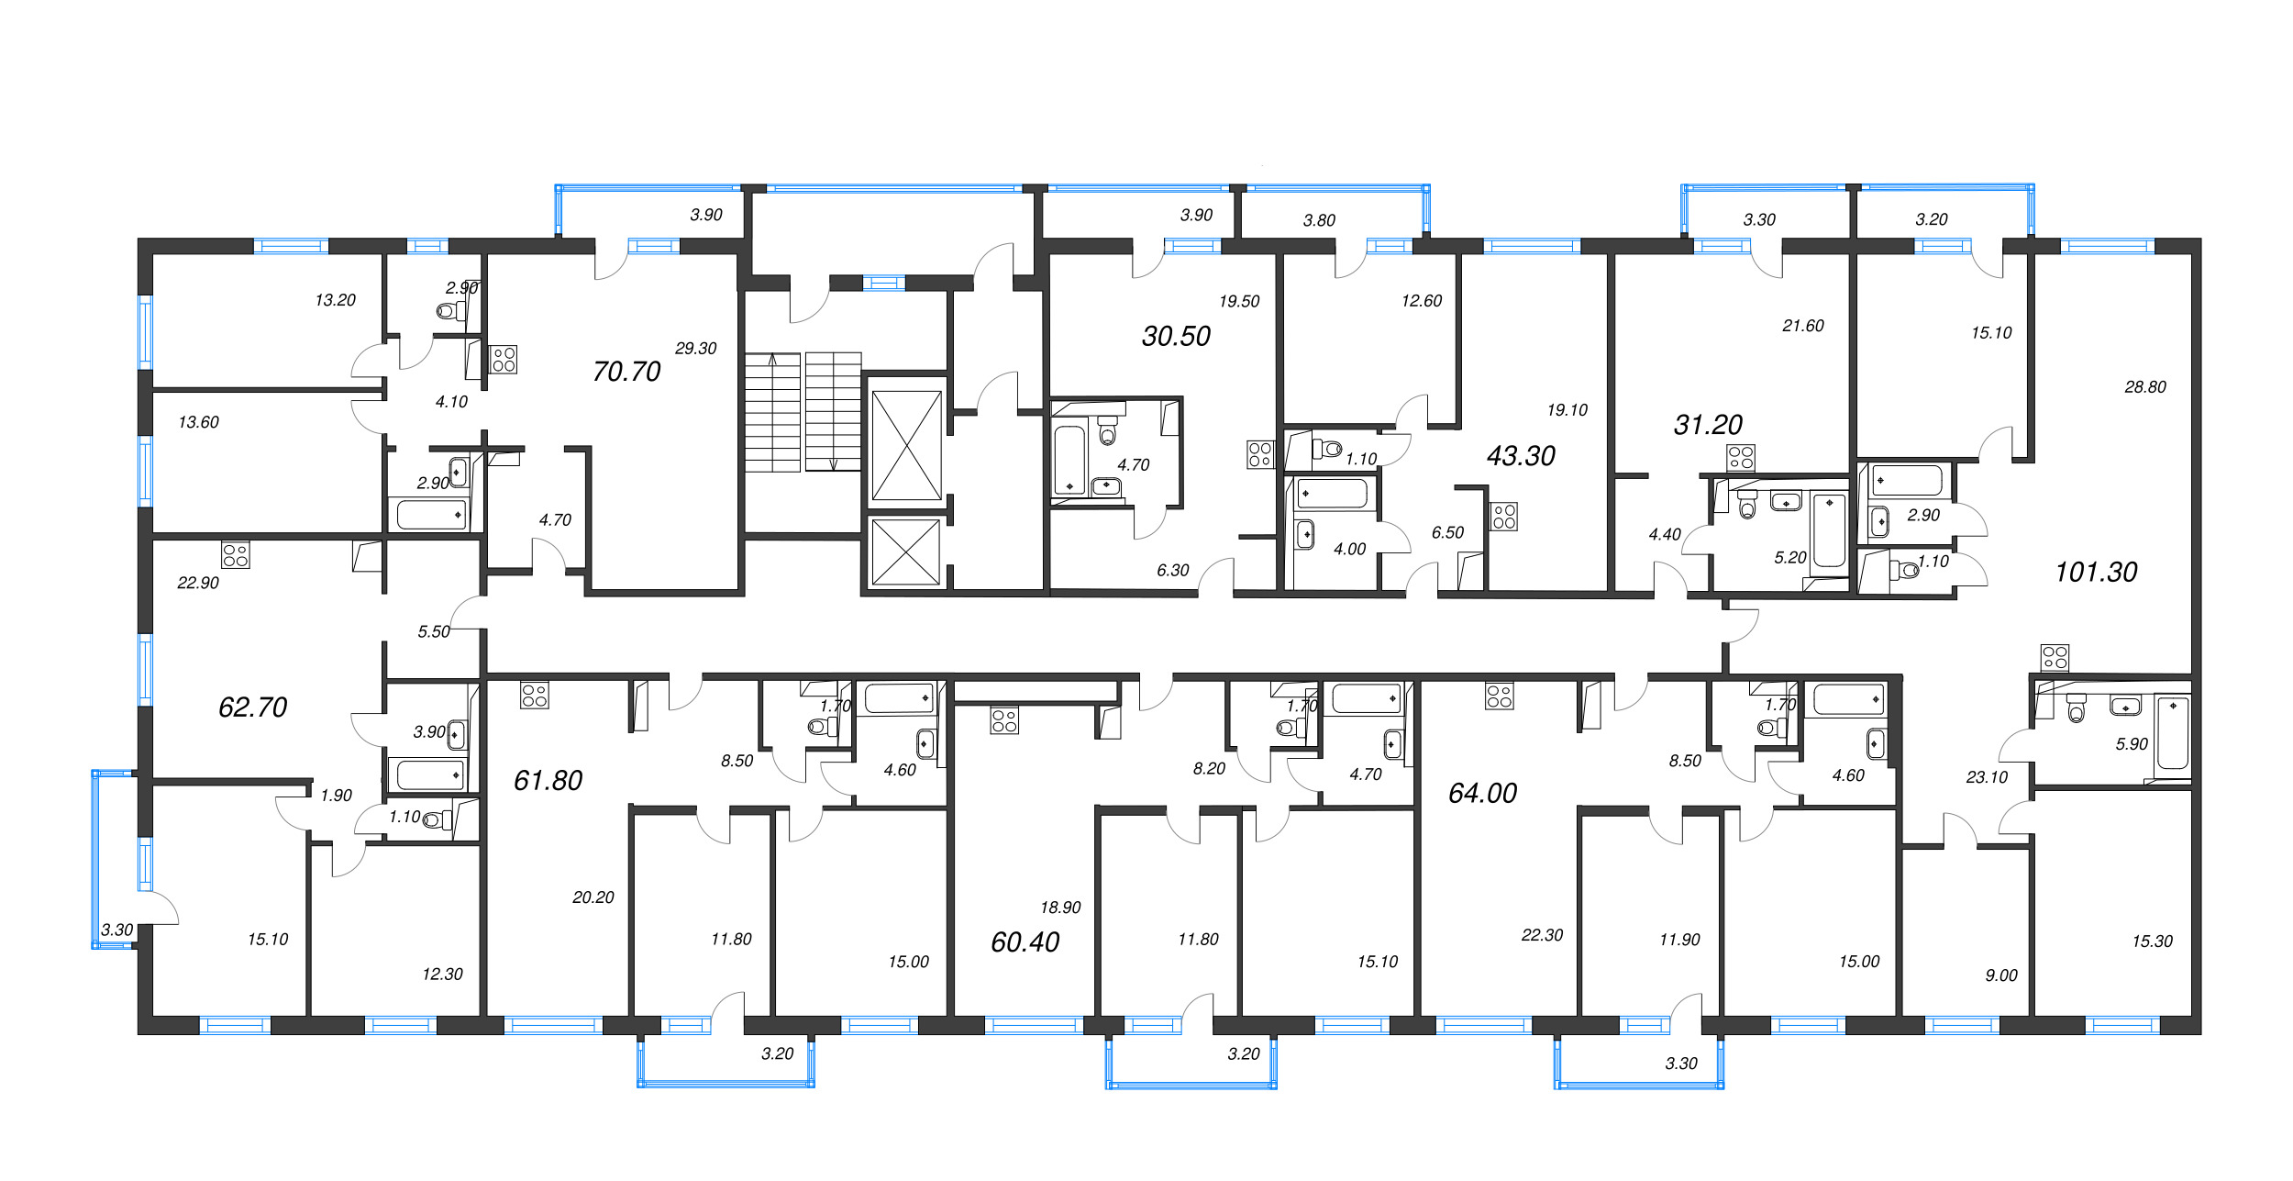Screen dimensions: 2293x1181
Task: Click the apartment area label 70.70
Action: click(626, 372)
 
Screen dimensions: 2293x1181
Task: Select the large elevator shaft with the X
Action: click(906, 445)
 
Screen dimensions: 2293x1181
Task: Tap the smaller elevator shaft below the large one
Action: click(906, 552)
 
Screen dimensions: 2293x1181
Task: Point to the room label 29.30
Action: click(695, 349)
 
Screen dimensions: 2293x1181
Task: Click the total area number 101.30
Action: click(2096, 573)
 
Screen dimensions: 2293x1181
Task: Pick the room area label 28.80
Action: click(2145, 387)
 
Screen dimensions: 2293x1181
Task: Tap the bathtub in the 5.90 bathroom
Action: click(2173, 733)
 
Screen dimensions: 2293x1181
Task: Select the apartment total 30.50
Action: click(1176, 337)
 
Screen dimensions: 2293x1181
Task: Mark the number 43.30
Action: click(1521, 456)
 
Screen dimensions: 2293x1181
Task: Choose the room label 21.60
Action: click(1803, 326)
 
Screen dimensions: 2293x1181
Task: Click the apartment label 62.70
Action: click(252, 707)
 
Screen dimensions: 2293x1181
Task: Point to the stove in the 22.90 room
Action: click(236, 555)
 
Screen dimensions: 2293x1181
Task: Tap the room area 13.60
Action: click(198, 423)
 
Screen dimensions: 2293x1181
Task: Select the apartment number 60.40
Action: click(1025, 942)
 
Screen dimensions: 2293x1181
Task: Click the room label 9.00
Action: click(2001, 975)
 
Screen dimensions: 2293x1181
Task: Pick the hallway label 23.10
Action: click(1987, 777)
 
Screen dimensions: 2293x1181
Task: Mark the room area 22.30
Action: click(1542, 935)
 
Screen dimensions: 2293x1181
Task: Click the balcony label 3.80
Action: click(1319, 220)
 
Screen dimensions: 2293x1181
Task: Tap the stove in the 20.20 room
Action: click(535, 695)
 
